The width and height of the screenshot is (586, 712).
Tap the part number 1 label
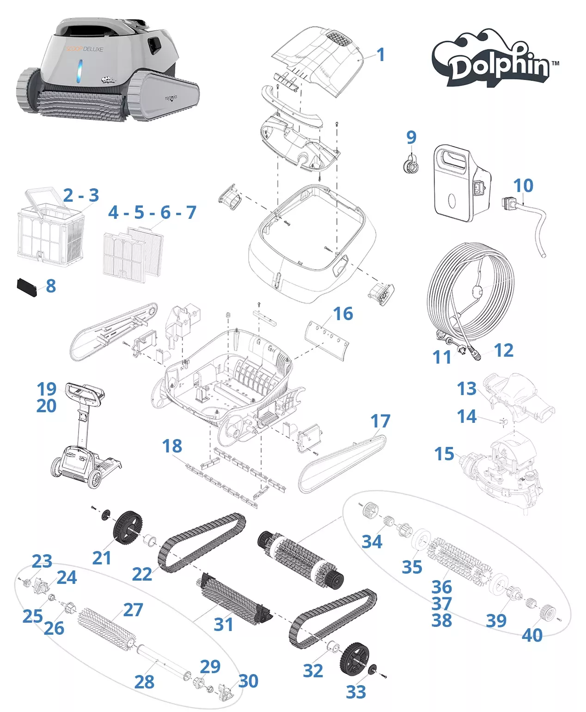(x=380, y=55)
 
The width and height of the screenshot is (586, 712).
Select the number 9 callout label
(x=411, y=137)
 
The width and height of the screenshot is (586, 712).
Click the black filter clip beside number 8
(x=27, y=287)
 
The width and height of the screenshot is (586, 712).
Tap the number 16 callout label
(x=343, y=314)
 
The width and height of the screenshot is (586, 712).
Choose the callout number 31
(x=224, y=625)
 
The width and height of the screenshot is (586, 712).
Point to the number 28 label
(x=144, y=681)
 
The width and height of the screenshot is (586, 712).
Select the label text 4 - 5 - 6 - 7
(x=152, y=212)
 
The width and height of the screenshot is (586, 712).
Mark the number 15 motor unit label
(x=444, y=454)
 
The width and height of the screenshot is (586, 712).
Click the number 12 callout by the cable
(x=503, y=350)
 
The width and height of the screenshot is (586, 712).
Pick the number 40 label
(x=532, y=635)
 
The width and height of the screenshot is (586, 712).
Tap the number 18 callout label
(x=172, y=446)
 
